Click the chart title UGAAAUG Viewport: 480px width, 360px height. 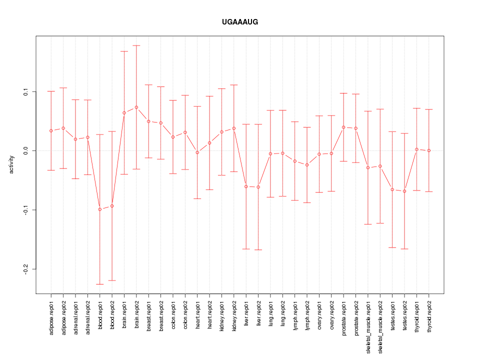click(240, 22)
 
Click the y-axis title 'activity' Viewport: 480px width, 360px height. click(11, 164)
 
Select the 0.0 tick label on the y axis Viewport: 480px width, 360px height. click(25, 151)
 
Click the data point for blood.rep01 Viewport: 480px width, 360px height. click(100, 209)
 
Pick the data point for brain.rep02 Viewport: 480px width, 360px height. click(136, 107)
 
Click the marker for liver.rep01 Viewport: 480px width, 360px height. click(246, 186)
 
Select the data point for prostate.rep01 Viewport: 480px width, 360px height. click(343, 127)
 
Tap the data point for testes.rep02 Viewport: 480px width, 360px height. click(404, 191)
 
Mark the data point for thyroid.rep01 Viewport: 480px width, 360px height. click(416, 149)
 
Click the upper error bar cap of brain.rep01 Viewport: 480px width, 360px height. click(124, 51)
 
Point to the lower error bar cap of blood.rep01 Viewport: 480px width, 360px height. click(100, 284)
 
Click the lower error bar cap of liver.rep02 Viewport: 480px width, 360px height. click(258, 249)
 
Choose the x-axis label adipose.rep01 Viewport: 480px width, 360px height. click(51, 315)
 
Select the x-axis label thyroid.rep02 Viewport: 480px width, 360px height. click(429, 314)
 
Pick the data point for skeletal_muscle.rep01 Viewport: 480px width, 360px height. click(368, 167)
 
